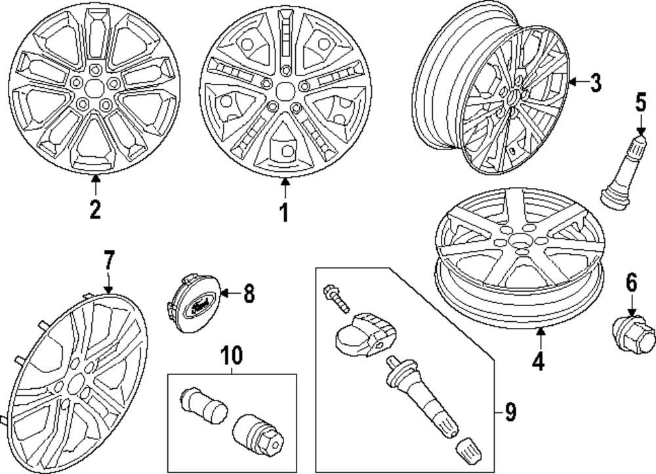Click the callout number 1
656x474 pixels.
284,212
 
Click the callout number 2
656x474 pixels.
96,210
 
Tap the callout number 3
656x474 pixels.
594,83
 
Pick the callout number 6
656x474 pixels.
631,283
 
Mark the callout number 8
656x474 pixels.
248,294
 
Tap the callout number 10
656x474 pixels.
232,355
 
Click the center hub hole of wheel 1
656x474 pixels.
285,90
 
